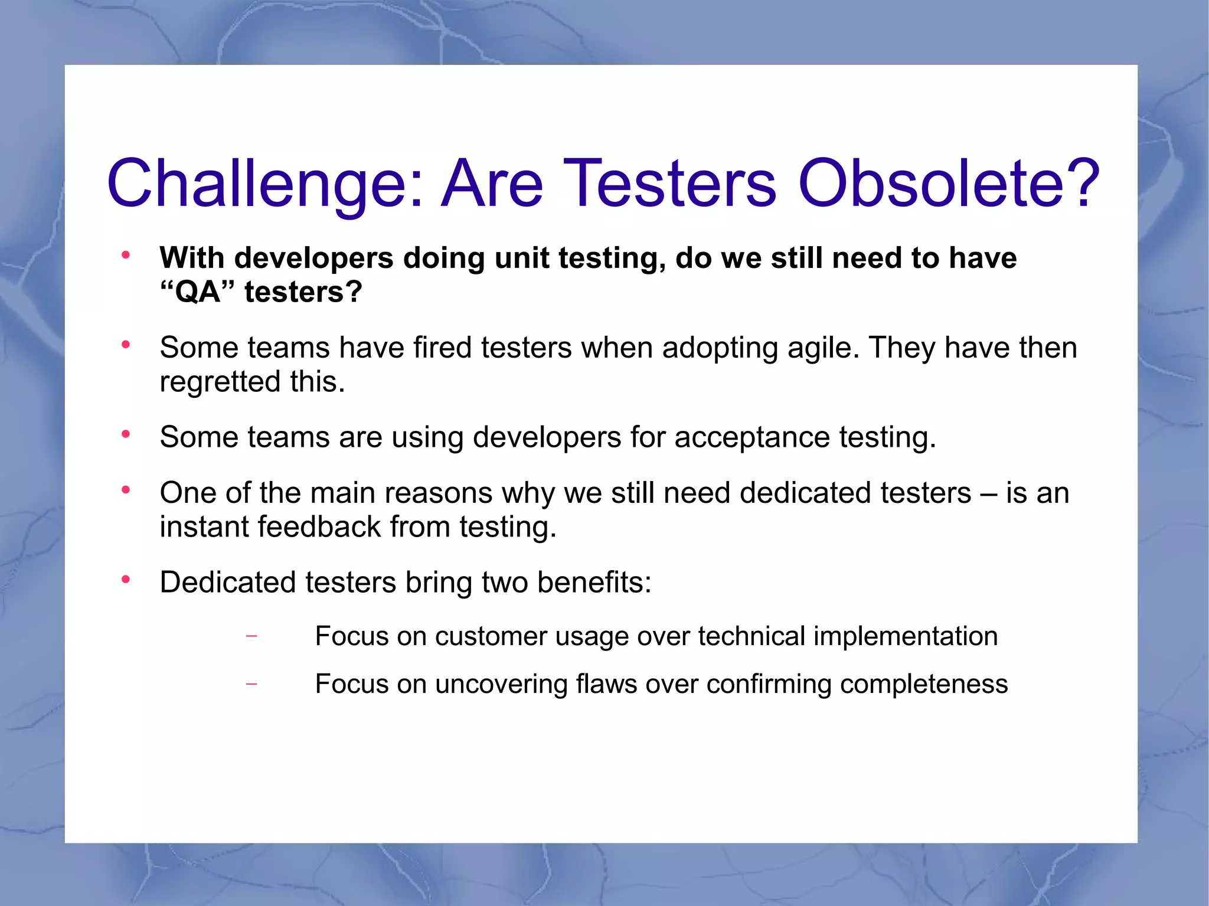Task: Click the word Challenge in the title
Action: [x=264, y=184]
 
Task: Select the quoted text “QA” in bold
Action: [x=197, y=292]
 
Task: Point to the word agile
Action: [x=823, y=348]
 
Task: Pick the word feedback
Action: [x=319, y=526]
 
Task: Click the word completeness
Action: [x=923, y=684]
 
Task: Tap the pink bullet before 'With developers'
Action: [x=125, y=256]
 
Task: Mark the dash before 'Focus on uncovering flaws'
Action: [x=251, y=684]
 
